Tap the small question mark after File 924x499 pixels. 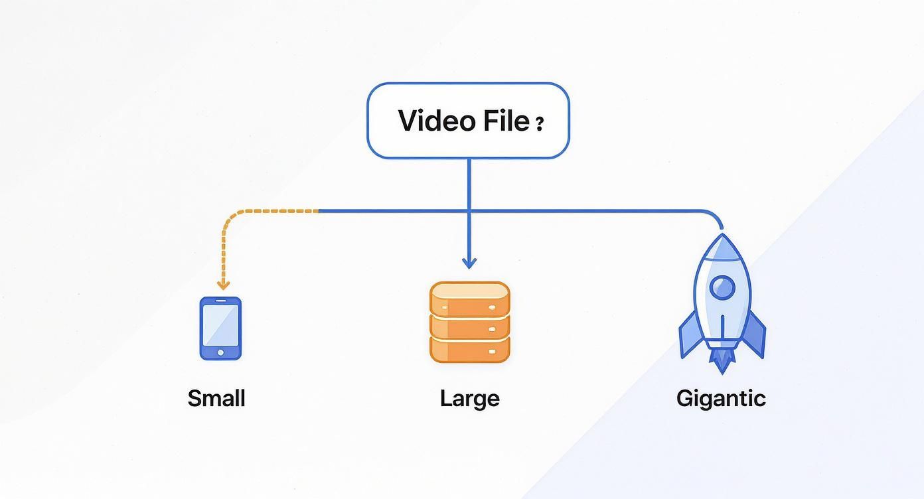pos(539,123)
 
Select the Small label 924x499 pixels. pos(216,398)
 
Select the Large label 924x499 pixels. pos(469,398)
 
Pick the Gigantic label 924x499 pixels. pos(721,398)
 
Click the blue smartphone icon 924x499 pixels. pos(220,328)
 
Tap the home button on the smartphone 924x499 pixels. pos(220,352)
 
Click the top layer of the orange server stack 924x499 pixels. pos(469,297)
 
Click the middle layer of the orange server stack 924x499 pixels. pos(469,325)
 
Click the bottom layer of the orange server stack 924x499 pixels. pos(469,349)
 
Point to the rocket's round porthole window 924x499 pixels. pos(722,287)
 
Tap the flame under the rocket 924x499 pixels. pos(722,361)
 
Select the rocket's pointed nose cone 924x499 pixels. pos(722,247)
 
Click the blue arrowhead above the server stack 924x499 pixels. pos(469,263)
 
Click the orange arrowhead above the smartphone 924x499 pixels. pos(223,285)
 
